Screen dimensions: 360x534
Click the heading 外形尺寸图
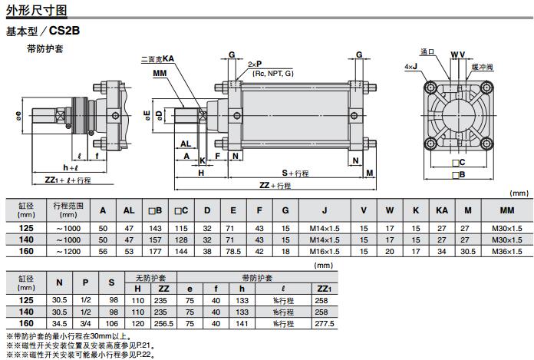[x=36, y=12]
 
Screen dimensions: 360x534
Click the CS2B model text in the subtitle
[x=64, y=31]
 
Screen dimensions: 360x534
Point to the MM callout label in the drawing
[x=160, y=73]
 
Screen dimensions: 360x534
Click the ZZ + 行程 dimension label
[x=275, y=185]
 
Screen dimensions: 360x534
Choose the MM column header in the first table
[x=506, y=210]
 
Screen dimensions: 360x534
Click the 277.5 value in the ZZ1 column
[x=323, y=325]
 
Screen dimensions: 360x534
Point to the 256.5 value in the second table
[x=163, y=325]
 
